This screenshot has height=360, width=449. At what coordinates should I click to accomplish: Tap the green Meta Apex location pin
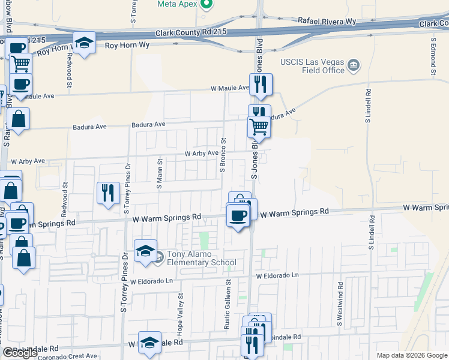tap(207, 4)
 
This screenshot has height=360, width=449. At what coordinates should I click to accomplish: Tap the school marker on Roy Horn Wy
tap(85, 43)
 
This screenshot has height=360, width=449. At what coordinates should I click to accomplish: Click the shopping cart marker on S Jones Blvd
tap(259, 127)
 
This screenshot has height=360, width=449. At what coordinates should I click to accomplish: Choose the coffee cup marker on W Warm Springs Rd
tap(237, 215)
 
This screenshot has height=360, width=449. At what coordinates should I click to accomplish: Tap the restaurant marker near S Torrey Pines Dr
tap(108, 193)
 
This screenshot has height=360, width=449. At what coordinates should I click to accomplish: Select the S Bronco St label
tap(223, 155)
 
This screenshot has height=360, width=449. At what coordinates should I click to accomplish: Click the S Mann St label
tap(160, 174)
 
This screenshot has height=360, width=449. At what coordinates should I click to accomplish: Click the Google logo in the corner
tap(20, 353)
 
